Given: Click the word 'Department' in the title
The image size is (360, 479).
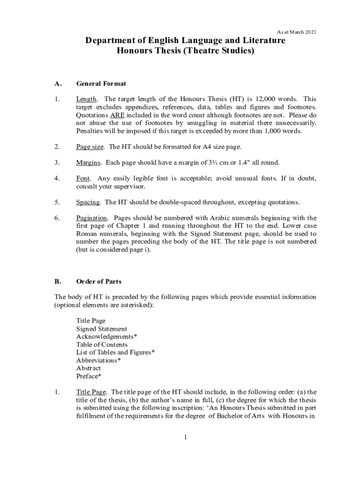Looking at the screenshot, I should coord(109,41).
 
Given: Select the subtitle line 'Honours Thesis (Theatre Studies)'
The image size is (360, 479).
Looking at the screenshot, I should coord(185,51).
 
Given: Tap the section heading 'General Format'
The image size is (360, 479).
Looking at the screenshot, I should coord(101,84).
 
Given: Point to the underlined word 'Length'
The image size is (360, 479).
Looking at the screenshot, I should coord(86,99).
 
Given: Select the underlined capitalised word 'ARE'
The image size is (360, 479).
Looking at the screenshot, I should coord(117,115).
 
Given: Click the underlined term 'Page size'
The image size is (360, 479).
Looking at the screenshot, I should coord(90,147).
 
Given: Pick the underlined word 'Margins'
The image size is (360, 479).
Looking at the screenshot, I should coord(88,163).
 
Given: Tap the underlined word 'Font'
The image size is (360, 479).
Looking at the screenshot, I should coord(83,179).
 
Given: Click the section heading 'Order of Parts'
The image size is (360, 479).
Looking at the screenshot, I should coord(99,282).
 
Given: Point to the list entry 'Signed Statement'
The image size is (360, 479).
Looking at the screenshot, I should coord(101,329).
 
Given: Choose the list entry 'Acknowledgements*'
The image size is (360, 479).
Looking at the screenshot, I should coord(107,337).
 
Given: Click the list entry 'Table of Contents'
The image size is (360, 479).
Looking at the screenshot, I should coord(102,345).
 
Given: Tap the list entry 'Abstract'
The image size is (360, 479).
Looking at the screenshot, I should coord(88,368).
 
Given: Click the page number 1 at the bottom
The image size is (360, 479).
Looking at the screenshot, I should coord(185,437).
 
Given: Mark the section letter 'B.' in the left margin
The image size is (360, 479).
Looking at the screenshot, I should coord(58,282).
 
